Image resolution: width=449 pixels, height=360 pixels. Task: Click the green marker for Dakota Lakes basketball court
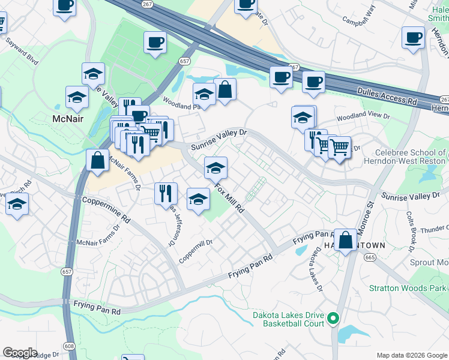tap(335, 319)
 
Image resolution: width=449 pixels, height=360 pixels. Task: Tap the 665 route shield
tap(369, 257)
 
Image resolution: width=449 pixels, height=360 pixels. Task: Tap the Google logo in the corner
tap(20, 352)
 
